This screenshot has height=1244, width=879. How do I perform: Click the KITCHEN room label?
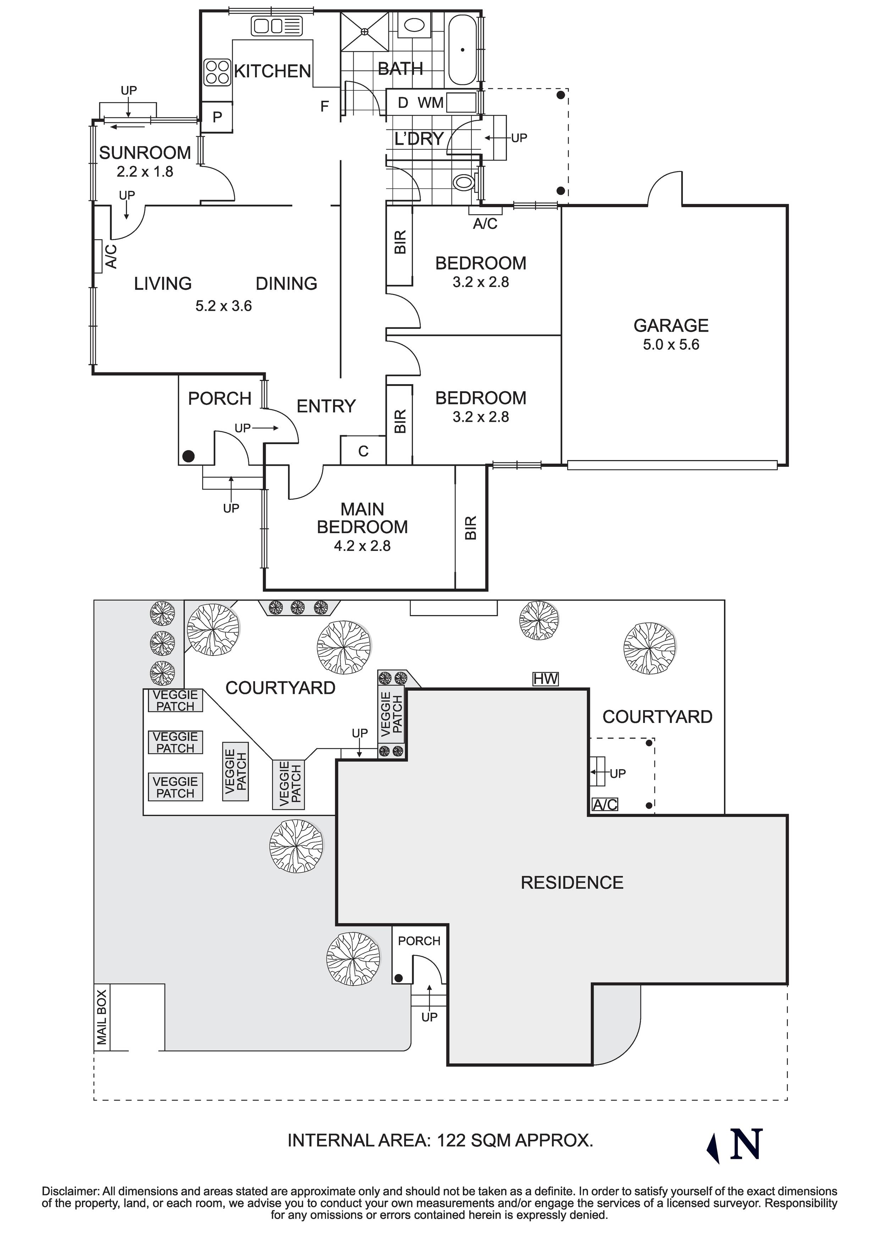click(272, 71)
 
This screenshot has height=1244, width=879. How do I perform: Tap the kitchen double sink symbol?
click(276, 26)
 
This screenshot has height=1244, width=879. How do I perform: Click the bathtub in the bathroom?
click(462, 49)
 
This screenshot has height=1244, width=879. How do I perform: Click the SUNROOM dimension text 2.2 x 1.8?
click(145, 172)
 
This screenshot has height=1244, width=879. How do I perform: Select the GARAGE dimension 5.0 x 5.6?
click(671, 344)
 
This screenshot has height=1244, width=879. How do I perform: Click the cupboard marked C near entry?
click(363, 451)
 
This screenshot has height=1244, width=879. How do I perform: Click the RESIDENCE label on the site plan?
click(572, 883)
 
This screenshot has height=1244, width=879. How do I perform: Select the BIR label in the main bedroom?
click(470, 527)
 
